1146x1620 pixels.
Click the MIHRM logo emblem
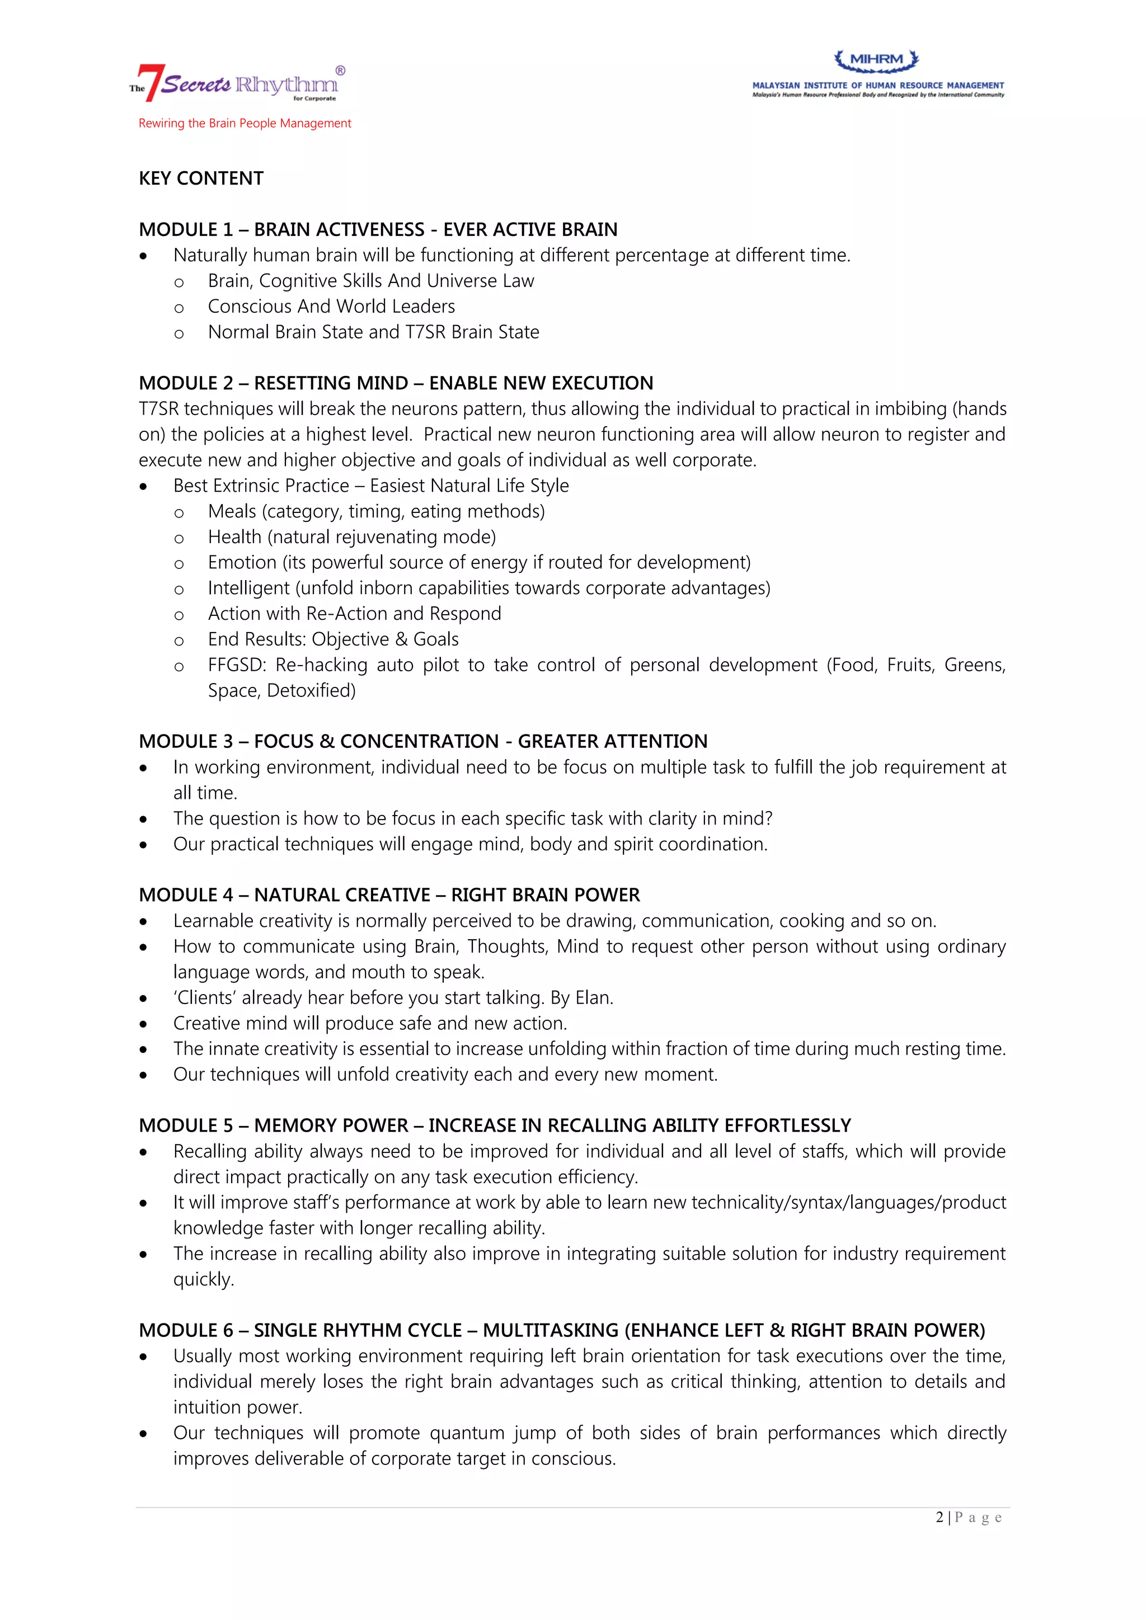(x=876, y=60)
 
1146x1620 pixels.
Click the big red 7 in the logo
(x=152, y=83)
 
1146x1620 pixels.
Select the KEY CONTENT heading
(x=201, y=178)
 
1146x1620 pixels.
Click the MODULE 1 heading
(x=378, y=229)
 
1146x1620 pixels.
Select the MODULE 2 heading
(x=396, y=383)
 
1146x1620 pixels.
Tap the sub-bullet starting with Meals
(x=376, y=511)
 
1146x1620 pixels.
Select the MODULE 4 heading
(x=389, y=896)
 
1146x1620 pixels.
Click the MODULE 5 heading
(x=495, y=1125)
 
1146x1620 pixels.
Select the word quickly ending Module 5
(x=203, y=1279)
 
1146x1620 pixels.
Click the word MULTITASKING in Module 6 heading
(x=551, y=1330)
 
